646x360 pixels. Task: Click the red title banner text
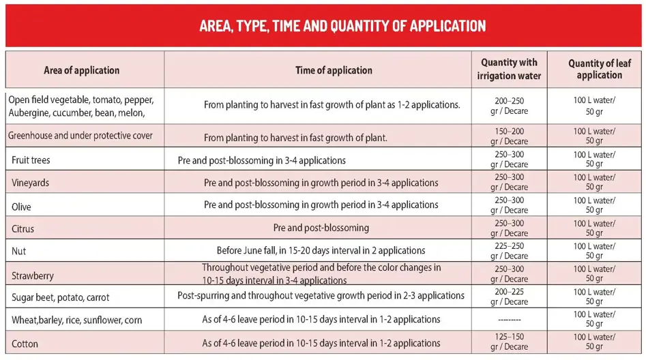(x=342, y=26)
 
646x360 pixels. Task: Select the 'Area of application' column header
(x=82, y=70)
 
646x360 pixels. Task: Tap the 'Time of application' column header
(x=334, y=70)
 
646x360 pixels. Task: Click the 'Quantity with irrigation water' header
(x=509, y=70)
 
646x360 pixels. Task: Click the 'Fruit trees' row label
(x=31, y=160)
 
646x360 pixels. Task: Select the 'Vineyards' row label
(x=31, y=183)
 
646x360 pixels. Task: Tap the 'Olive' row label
(x=22, y=206)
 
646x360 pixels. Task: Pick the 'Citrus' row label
(x=23, y=228)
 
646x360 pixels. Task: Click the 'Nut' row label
(x=19, y=251)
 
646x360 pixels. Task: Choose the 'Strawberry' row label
(x=33, y=275)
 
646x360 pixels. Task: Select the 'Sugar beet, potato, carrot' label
(x=61, y=297)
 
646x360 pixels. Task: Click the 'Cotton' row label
(x=25, y=342)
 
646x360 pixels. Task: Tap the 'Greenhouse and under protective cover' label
(x=80, y=136)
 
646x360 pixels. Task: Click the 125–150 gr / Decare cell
(x=509, y=342)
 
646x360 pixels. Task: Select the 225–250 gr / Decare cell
(x=509, y=251)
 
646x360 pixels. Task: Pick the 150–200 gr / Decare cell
(x=509, y=136)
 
